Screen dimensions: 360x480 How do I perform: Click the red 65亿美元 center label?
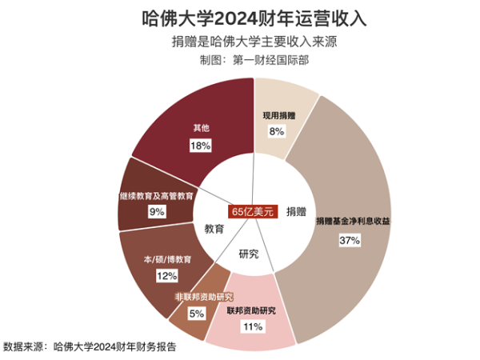pos(252,212)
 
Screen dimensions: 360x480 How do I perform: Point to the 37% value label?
pos(350,239)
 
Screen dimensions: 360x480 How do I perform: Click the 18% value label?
pos(200,146)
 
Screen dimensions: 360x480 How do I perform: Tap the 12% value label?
pos(166,275)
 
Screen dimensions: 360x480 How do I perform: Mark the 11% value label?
pos(253,326)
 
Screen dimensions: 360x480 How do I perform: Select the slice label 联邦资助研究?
pos(250,310)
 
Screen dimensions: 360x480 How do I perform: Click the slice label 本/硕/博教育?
pos(167,260)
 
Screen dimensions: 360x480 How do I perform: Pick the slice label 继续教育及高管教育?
pos(155,194)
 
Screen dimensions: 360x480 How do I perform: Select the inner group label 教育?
pos(213,229)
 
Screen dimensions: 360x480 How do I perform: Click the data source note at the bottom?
pos(90,346)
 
